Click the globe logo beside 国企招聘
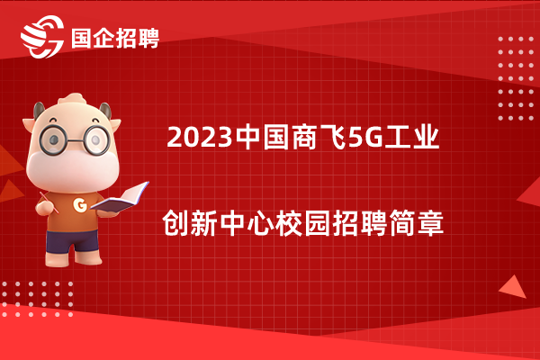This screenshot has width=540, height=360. point(42,37)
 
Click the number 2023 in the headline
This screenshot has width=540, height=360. point(200,137)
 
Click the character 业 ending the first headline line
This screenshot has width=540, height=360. point(427,137)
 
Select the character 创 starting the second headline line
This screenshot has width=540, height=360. point(175,223)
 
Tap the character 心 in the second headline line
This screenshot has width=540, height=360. point(261,223)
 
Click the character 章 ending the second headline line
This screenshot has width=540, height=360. point(430,223)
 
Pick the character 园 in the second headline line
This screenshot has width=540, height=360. point(317,223)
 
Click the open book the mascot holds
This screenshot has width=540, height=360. point(120,198)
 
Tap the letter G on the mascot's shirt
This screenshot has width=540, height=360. point(80,205)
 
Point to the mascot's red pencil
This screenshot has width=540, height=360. point(49,202)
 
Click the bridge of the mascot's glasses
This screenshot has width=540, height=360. point(75,141)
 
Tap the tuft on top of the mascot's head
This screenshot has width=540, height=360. point(72,99)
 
